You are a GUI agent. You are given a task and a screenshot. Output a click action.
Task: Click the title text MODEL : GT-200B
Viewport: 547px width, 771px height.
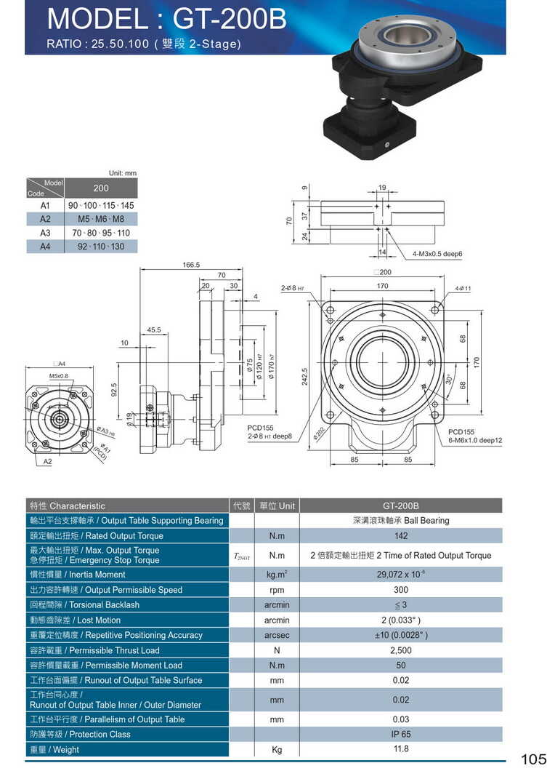(x=166, y=18)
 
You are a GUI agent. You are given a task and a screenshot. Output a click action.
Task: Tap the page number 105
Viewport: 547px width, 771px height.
(x=533, y=759)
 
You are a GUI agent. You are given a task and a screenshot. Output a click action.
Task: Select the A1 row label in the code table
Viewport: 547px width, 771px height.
(x=45, y=206)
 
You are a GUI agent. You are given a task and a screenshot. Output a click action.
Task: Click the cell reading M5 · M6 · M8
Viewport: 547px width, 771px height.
(x=101, y=219)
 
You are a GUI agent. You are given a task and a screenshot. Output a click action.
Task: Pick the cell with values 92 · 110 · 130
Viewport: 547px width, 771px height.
(x=101, y=247)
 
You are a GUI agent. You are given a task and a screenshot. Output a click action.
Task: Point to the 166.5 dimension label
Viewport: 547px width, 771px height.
(x=191, y=265)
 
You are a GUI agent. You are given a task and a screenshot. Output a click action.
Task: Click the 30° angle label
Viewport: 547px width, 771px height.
(x=449, y=380)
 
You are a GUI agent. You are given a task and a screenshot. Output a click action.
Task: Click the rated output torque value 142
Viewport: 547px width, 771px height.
(x=400, y=536)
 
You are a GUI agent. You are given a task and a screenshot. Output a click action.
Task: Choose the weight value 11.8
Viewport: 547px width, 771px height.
(x=400, y=749)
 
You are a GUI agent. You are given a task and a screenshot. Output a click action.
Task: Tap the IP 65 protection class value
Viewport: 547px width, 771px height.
(x=400, y=735)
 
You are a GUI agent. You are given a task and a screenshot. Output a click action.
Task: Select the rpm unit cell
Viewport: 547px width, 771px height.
(x=276, y=590)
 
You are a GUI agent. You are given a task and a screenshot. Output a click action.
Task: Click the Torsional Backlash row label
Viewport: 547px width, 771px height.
(x=84, y=605)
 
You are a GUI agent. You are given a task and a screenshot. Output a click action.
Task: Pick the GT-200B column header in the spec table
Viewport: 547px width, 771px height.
(x=400, y=506)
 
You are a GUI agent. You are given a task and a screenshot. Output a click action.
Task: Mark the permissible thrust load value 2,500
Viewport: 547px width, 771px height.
(x=400, y=650)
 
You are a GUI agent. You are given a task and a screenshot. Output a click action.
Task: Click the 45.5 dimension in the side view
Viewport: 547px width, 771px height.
(x=154, y=330)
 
